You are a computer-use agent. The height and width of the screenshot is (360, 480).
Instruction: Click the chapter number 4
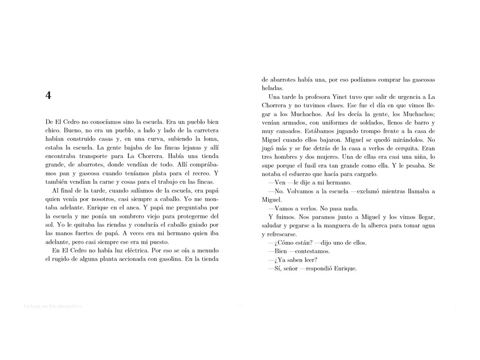coord(48,96)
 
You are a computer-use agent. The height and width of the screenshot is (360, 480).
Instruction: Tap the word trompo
coord(358,131)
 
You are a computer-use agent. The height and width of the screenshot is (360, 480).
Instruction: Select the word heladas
coord(272,88)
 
